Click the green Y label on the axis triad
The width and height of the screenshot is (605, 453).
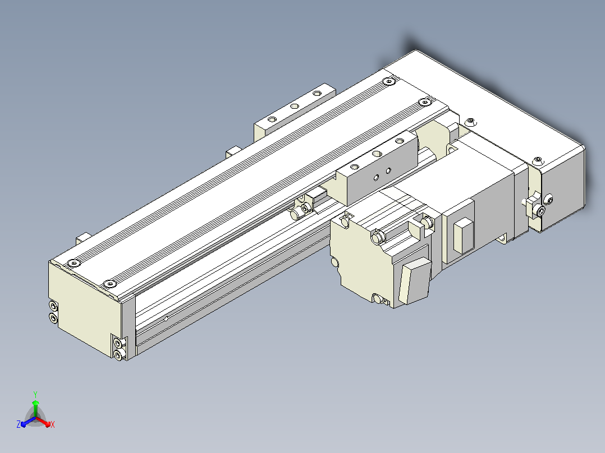(35, 394)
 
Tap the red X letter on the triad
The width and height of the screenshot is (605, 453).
(53, 424)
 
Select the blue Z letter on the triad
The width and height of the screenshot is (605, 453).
(19, 424)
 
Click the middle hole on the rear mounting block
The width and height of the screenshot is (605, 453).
(295, 106)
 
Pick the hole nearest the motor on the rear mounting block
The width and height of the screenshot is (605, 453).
(317, 93)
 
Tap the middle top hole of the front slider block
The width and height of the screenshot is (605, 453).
(377, 154)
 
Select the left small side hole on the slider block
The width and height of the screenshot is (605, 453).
(376, 178)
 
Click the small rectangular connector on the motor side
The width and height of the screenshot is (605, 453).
(464, 235)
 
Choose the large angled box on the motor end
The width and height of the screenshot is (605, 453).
(415, 280)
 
